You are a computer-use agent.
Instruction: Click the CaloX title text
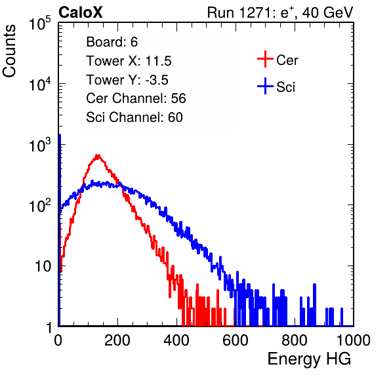tap(81, 12)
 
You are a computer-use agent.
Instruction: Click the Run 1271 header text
tap(280, 12)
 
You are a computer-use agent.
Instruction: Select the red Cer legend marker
tap(265, 59)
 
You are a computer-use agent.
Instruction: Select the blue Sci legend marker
tap(265, 86)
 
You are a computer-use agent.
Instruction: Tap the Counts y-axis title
tap(9, 51)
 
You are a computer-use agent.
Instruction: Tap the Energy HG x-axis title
tap(309, 359)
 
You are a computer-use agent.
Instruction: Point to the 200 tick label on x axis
tap(117, 340)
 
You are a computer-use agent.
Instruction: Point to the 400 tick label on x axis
tap(176, 340)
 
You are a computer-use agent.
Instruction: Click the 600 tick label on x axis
tap(236, 340)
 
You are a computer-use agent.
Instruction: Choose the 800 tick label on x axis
tap(295, 340)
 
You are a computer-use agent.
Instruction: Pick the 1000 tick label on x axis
tap(354, 340)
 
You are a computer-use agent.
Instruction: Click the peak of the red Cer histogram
tap(98, 156)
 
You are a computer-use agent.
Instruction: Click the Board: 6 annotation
tap(112, 42)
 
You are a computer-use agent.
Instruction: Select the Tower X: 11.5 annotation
tap(129, 61)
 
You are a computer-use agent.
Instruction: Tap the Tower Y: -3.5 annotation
tap(127, 80)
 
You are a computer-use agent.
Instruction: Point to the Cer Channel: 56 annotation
tap(136, 98)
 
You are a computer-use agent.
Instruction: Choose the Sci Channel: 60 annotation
tap(134, 117)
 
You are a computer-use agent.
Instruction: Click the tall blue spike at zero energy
tap(60, 224)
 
